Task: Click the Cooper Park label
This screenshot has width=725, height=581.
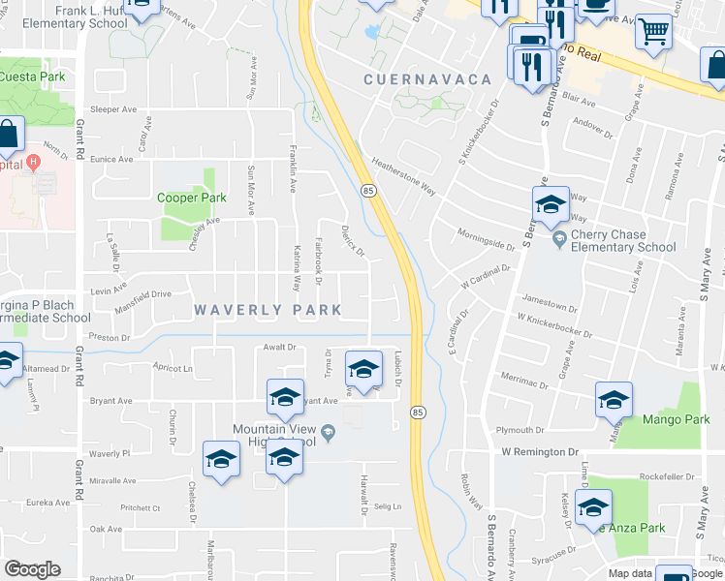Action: (192, 198)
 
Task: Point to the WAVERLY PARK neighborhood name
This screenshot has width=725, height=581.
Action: (268, 310)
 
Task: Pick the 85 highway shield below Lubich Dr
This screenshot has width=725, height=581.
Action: (418, 411)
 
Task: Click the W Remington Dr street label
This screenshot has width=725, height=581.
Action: (540, 452)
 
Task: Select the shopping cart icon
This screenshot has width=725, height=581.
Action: (654, 31)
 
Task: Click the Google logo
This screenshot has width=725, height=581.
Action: (32, 569)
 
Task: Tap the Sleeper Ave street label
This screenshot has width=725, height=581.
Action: (113, 109)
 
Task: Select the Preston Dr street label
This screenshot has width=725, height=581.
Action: (110, 338)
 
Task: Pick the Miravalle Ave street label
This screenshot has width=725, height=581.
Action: (113, 480)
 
